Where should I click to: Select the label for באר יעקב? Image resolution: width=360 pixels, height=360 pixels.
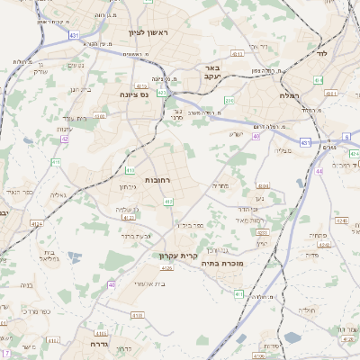[x=212, y=73]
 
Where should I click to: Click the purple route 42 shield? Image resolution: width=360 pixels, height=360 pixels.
[x=64, y=139]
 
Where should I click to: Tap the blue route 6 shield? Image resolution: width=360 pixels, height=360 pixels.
[x=346, y=137]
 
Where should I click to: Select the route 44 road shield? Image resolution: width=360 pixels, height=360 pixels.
[x=319, y=169]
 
